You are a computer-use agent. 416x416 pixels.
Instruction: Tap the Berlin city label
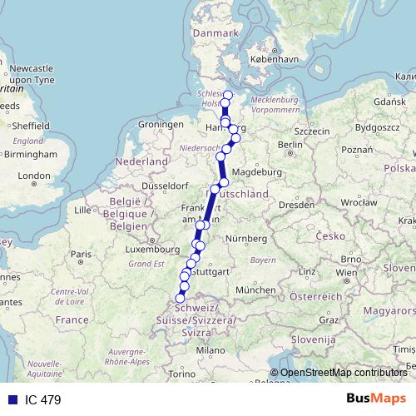click(x=290, y=144)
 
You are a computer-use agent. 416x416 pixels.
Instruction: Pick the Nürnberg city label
click(x=249, y=239)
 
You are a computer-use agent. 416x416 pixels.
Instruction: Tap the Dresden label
click(x=296, y=203)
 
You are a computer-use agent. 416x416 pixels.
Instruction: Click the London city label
click(x=34, y=176)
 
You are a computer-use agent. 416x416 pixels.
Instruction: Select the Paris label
click(x=81, y=254)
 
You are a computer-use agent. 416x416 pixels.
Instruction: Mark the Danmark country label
click(x=215, y=32)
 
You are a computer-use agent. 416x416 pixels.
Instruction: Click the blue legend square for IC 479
click(x=9, y=399)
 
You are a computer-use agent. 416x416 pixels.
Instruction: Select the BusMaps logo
click(x=376, y=398)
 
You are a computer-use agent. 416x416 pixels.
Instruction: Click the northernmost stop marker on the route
click(x=227, y=94)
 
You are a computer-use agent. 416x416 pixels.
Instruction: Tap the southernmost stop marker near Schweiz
click(x=181, y=298)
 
